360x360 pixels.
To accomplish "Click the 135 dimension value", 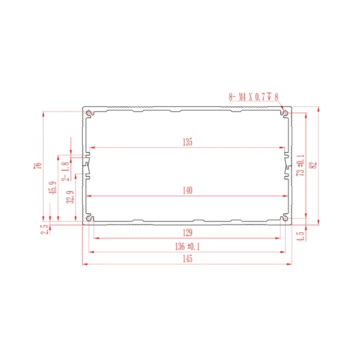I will point(188,142).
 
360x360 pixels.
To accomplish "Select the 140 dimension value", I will point(188,191).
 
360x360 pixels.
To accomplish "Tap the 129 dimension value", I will point(188,233).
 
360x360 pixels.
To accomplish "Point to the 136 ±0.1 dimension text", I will point(188,247).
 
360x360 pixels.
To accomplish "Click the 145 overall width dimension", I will point(188,259).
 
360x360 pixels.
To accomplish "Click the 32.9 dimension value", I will point(69,198).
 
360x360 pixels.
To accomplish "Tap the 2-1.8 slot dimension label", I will point(66,171).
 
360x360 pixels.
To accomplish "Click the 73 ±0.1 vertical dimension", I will point(301,165).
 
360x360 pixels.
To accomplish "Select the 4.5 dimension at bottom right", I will point(301,234).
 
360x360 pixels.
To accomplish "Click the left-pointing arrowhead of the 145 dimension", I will point(85,264).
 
